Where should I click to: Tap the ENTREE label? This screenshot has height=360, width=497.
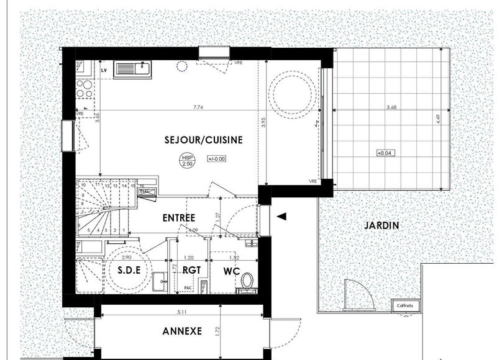(179, 218)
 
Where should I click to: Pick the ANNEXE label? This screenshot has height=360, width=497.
(182, 331)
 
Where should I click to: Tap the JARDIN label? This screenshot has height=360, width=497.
(382, 225)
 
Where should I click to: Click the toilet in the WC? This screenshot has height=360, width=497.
(247, 281)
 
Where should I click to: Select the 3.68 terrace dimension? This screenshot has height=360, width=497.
(391, 107)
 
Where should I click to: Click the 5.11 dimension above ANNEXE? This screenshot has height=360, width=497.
(181, 312)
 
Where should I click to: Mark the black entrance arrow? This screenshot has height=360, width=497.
(281, 217)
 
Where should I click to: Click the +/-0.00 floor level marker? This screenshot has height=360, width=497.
(217, 159)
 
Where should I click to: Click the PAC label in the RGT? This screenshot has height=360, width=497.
(188, 288)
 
